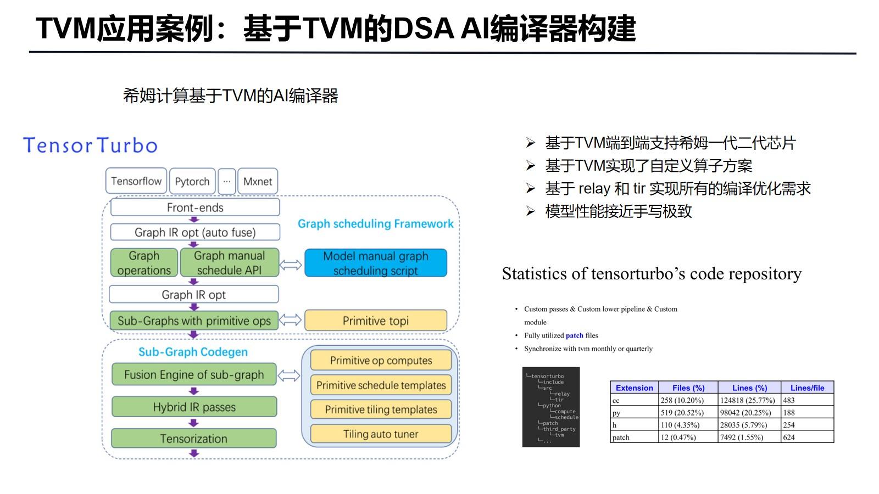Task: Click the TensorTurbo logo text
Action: click(x=90, y=145)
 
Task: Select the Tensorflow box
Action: click(x=136, y=181)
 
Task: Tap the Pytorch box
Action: click(x=192, y=182)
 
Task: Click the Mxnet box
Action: click(x=257, y=182)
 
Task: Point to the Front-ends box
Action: click(x=195, y=207)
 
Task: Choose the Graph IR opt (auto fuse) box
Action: click(x=195, y=232)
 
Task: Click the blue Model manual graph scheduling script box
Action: click(x=376, y=263)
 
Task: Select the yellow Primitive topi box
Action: click(x=376, y=321)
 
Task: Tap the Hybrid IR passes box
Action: click(x=194, y=407)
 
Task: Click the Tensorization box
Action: click(x=194, y=439)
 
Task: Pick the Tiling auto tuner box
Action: click(x=381, y=434)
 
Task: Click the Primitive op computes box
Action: click(x=381, y=361)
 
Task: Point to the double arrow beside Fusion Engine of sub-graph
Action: click(x=289, y=375)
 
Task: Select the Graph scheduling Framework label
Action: click(x=376, y=224)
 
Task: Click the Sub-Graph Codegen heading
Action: click(x=193, y=352)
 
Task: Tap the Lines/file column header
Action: click(x=807, y=388)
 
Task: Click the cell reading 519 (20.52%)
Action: click(x=682, y=413)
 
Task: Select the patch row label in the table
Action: click(x=621, y=437)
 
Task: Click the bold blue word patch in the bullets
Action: click(x=574, y=335)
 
